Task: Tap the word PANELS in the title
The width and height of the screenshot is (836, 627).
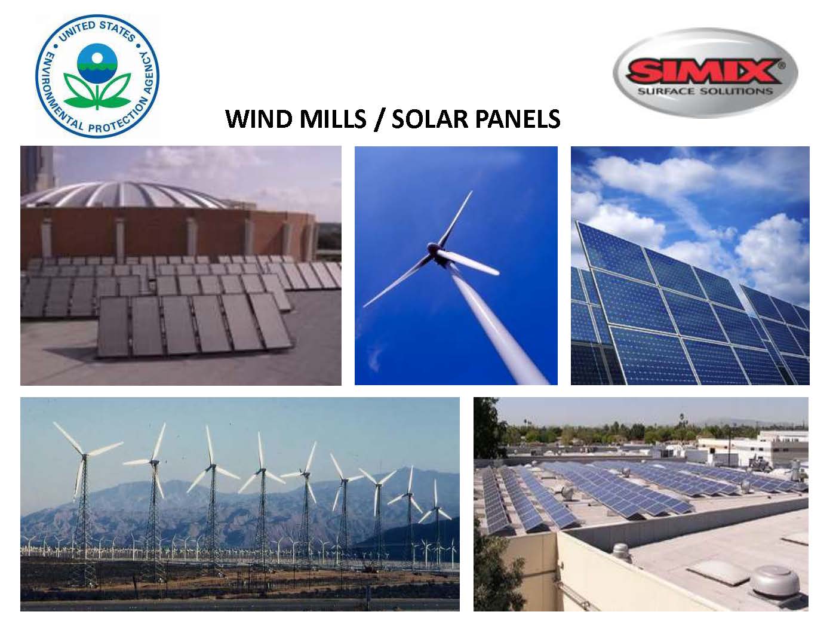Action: click(x=518, y=119)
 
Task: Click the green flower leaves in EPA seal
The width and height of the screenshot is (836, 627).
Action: click(x=97, y=91)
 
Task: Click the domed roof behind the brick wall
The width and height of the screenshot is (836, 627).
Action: click(x=125, y=194)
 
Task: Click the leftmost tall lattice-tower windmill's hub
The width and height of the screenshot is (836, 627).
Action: click(x=85, y=454)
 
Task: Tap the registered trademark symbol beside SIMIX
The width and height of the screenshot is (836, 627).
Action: click(x=781, y=66)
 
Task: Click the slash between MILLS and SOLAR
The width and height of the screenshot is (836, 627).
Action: click(x=379, y=119)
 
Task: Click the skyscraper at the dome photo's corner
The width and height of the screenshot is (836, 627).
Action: click(x=38, y=170)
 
